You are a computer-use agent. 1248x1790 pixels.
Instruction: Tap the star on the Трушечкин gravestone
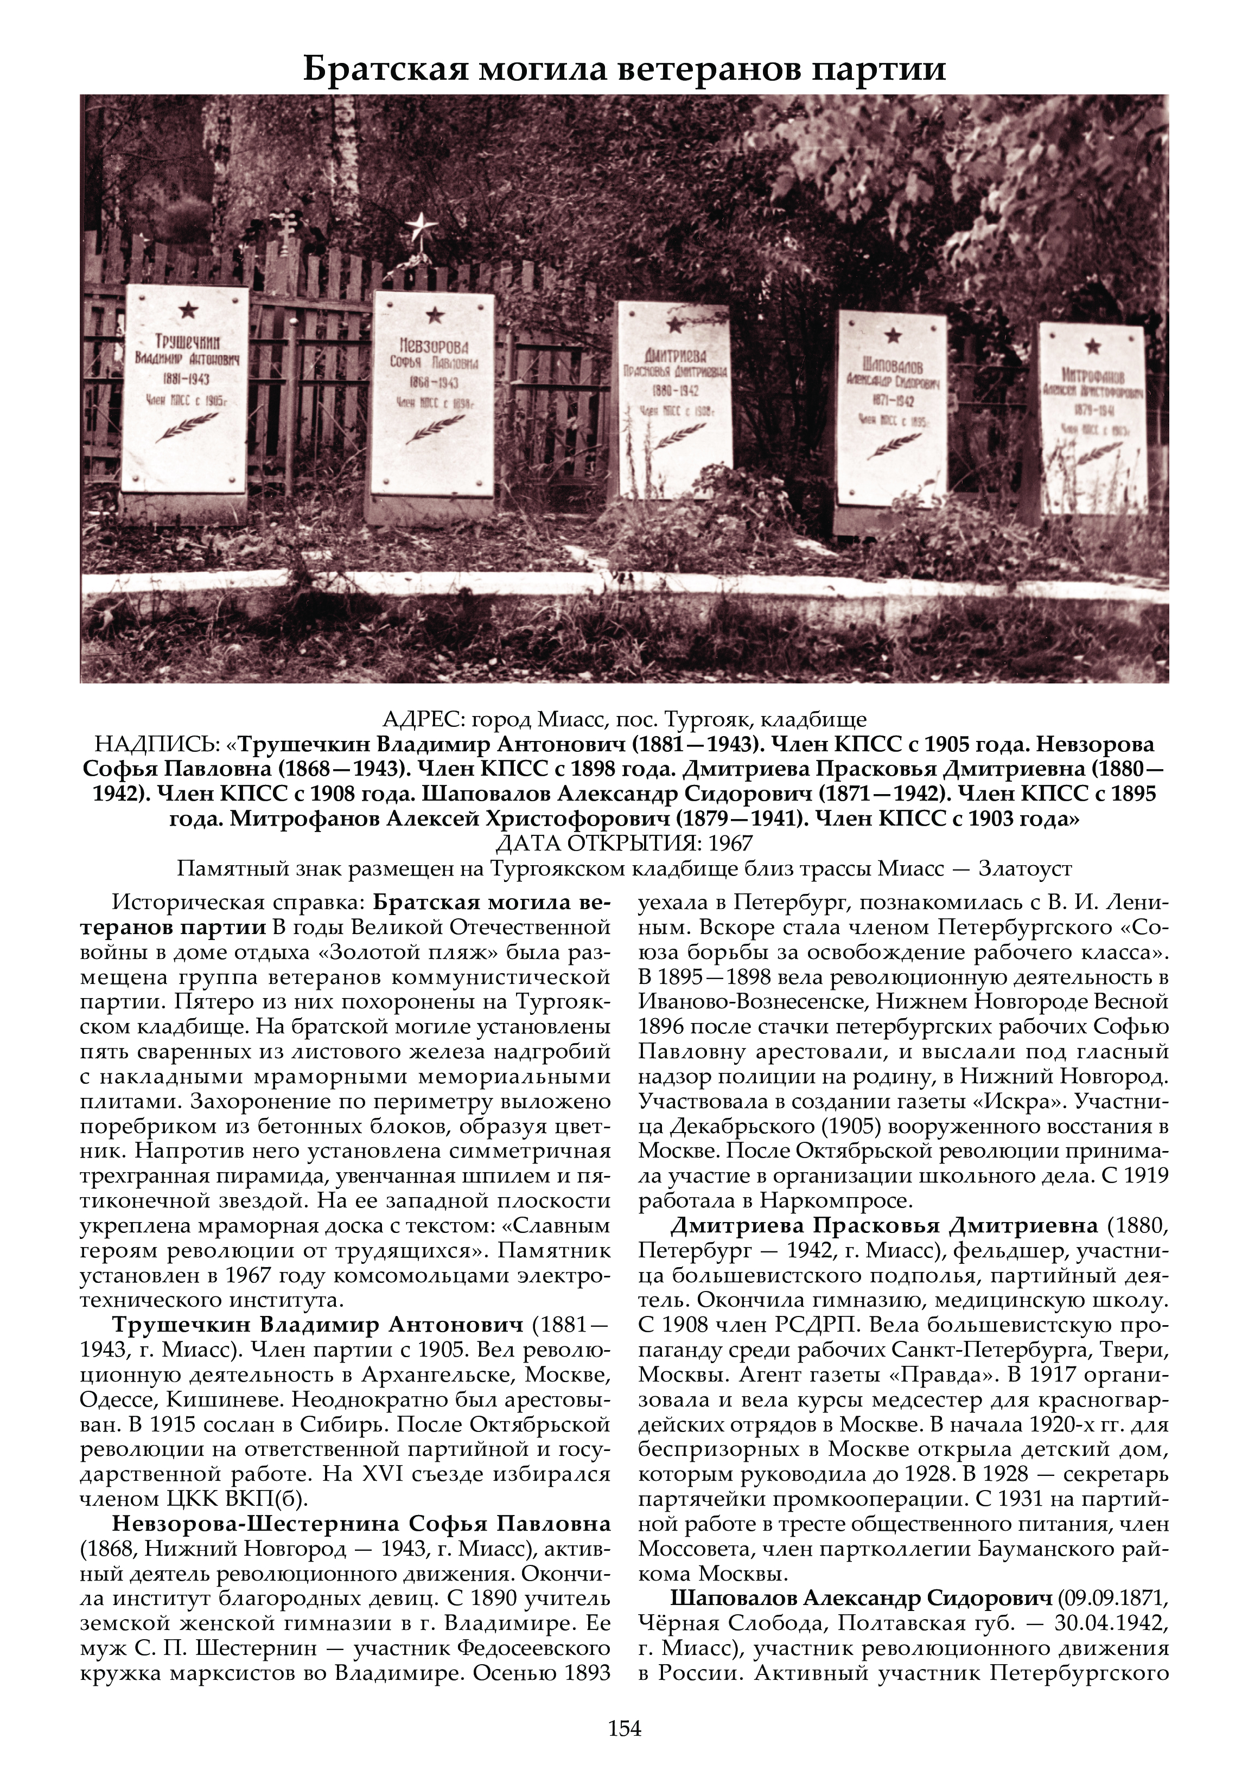[x=188, y=310]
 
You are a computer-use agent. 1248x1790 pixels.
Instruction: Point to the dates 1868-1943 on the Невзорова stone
[x=434, y=383]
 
